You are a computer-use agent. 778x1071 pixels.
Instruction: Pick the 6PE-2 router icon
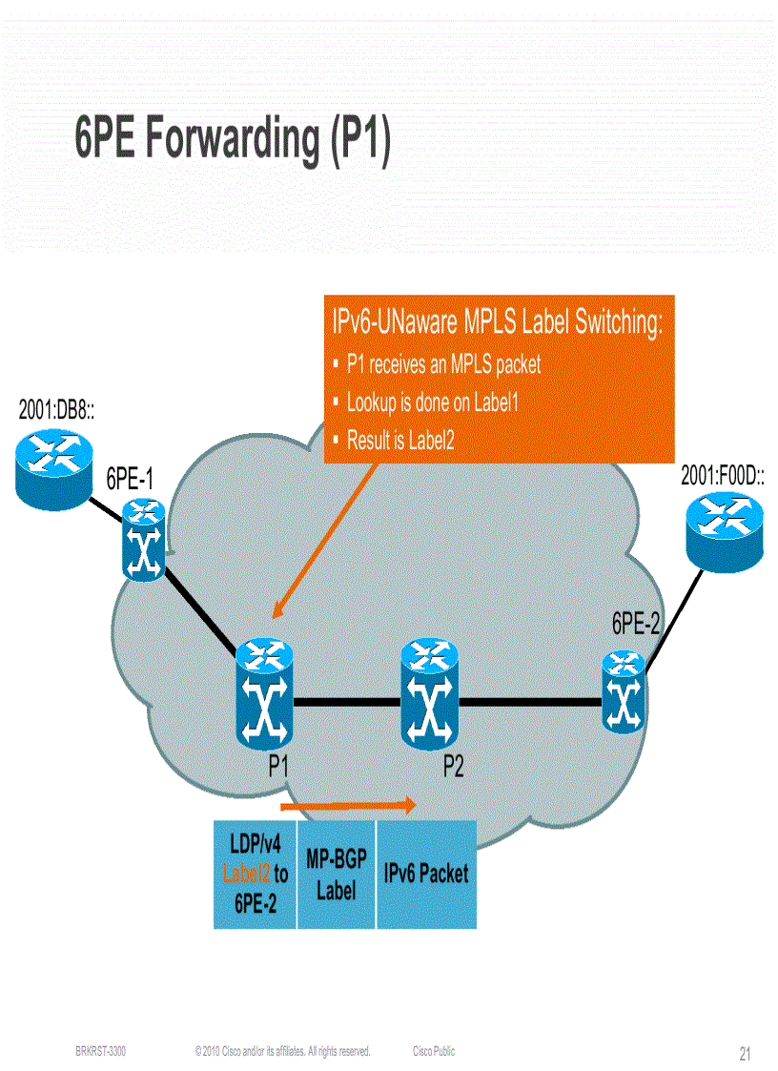(x=624, y=691)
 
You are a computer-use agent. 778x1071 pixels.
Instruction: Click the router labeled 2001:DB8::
(x=55, y=465)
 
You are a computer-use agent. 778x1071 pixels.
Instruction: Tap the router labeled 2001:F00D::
(x=724, y=531)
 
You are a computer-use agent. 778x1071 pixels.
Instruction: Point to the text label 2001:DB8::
(x=62, y=410)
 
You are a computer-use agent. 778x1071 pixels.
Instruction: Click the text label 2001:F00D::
(x=722, y=477)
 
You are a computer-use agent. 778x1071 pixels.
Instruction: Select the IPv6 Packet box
(x=426, y=874)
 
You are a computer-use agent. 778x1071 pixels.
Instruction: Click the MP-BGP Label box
(x=337, y=875)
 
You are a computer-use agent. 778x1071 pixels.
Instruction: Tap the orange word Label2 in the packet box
(x=247, y=873)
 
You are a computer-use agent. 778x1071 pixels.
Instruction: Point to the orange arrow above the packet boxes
(x=348, y=806)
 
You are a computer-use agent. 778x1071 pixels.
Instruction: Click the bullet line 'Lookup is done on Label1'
(x=432, y=402)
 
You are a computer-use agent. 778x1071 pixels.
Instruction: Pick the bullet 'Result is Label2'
(x=400, y=441)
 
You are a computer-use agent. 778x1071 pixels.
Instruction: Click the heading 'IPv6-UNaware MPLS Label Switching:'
(x=497, y=322)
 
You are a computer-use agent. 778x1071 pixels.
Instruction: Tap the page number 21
(x=746, y=1054)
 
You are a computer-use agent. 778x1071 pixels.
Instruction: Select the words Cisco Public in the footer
(x=434, y=1051)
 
